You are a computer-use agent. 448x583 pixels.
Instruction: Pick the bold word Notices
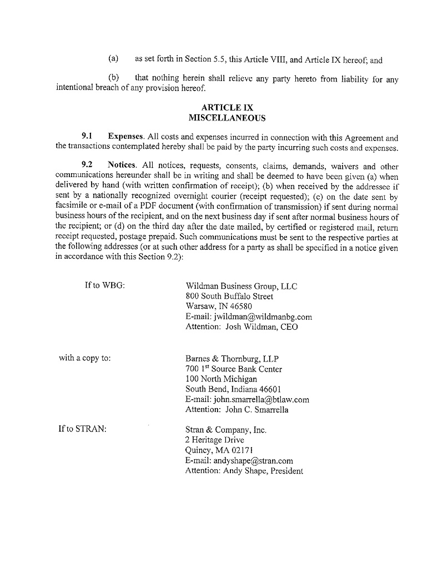click(124, 165)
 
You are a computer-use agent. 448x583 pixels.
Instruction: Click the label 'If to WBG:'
click(105, 285)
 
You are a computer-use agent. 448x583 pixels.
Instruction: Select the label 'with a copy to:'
click(85, 358)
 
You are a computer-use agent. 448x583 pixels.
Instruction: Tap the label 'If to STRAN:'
click(82, 429)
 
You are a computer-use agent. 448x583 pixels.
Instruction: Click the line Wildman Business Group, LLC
click(241, 286)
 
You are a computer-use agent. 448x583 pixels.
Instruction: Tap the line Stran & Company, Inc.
click(226, 430)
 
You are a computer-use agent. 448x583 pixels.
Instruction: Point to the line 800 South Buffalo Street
click(229, 296)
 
